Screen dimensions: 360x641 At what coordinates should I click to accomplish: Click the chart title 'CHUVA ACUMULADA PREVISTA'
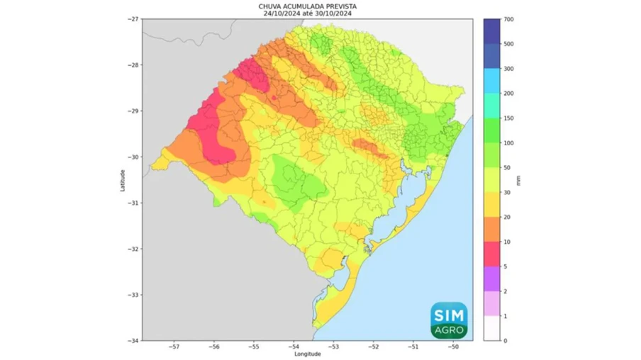(x=307, y=5)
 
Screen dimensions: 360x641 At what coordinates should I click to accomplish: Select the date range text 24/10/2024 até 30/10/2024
(x=307, y=12)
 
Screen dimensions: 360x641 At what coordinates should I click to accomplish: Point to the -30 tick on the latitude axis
(x=133, y=157)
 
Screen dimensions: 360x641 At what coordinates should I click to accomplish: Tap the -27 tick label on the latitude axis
(x=133, y=19)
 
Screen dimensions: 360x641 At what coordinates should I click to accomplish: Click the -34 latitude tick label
(x=133, y=341)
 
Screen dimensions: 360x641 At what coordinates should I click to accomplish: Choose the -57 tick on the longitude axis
(x=174, y=347)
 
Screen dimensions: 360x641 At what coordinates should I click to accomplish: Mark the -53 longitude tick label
(x=333, y=347)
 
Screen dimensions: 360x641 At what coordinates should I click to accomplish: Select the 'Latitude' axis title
(x=123, y=179)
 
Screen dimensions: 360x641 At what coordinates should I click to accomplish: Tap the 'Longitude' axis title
(x=307, y=354)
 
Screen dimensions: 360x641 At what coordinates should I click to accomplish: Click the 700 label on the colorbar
(x=508, y=19)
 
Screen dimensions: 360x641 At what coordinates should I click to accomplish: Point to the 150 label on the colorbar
(x=508, y=118)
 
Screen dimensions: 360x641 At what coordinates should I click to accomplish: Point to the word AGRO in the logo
(x=448, y=330)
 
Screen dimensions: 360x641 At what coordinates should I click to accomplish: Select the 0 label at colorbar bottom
(x=505, y=341)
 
